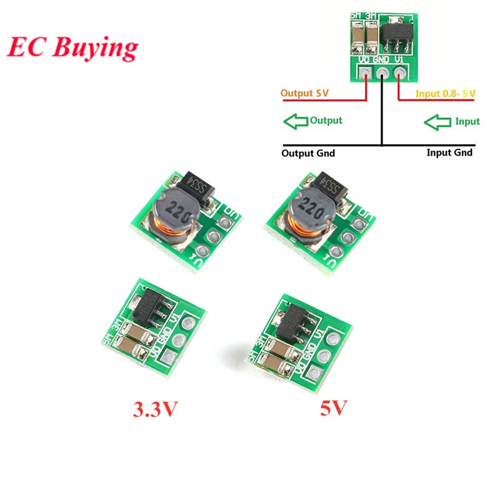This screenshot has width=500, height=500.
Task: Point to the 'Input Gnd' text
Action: [x=449, y=152]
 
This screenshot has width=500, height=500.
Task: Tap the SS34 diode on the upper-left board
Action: [x=203, y=184]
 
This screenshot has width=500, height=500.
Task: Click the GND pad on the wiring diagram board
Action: [x=381, y=74]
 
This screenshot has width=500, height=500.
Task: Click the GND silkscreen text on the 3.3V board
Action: [x=164, y=340]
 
